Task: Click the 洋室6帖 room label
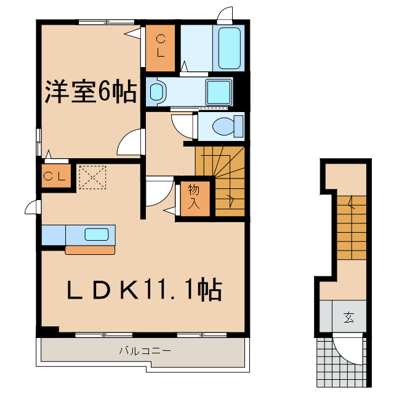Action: tap(90, 92)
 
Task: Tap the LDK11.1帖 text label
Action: tap(143, 289)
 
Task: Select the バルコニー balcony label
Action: tap(145, 351)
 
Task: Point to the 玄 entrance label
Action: tap(349, 318)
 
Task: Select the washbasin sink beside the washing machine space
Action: tap(158, 92)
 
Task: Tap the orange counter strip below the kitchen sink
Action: tap(90, 250)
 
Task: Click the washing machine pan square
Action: tap(219, 92)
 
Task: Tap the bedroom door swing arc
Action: tap(130, 145)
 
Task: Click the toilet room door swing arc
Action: tap(183, 126)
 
